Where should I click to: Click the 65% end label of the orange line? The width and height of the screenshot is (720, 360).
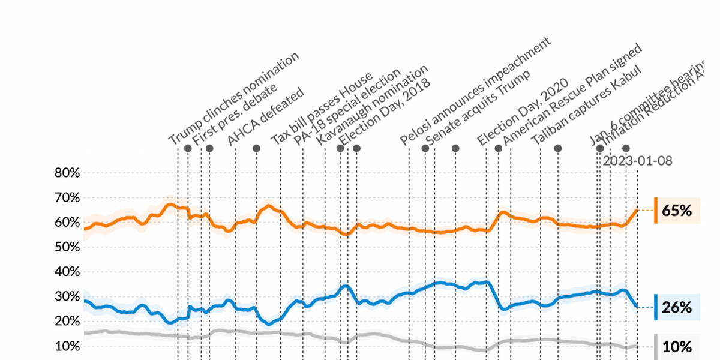pyautogui.click(x=677, y=211)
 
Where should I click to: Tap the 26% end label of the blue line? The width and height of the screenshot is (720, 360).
pyautogui.click(x=677, y=308)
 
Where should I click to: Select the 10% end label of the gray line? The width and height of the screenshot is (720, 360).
pyautogui.click(x=677, y=346)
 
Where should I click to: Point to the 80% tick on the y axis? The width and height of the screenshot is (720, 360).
pyautogui.click(x=67, y=173)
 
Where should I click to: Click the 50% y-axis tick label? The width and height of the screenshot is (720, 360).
pyautogui.click(x=67, y=247)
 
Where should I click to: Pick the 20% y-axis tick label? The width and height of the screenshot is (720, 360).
pyautogui.click(x=67, y=322)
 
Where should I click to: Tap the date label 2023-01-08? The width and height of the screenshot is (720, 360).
pyautogui.click(x=637, y=161)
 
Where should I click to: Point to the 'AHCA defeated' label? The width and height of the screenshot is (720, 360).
pyautogui.click(x=265, y=117)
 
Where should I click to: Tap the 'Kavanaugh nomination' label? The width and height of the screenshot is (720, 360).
pyautogui.click(x=372, y=105)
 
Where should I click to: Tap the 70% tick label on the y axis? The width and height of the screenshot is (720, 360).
pyautogui.click(x=67, y=198)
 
